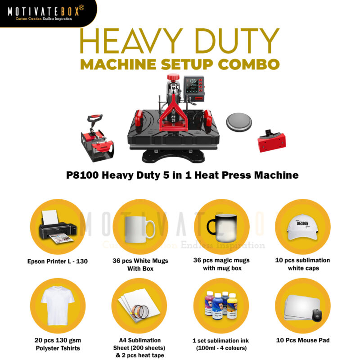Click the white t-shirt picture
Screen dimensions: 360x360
(57, 306)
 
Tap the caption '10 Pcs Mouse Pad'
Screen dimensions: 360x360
(302, 340)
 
